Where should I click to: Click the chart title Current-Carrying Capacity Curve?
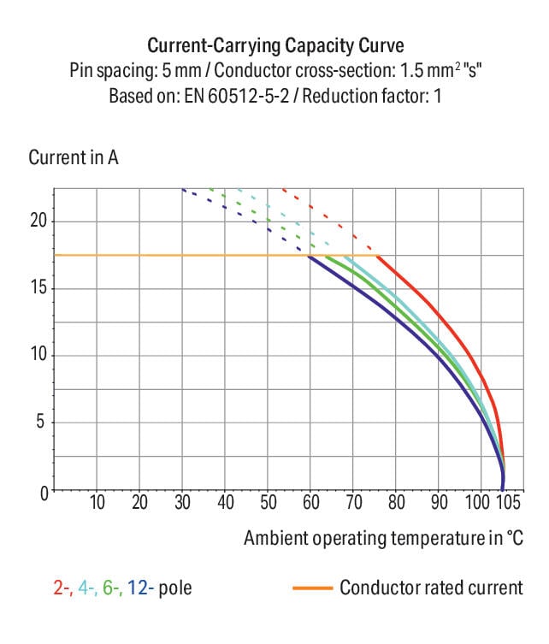tap(275, 44)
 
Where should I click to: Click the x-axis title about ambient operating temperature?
tap(382, 538)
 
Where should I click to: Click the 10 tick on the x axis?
tap(97, 502)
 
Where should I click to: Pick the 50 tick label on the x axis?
tap(268, 502)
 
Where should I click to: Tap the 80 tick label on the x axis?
tap(396, 502)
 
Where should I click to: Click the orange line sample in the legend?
tap(311, 588)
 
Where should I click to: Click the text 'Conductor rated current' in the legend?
tap(431, 588)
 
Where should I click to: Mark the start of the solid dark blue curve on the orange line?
tap(309, 256)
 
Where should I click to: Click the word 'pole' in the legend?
tap(176, 588)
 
